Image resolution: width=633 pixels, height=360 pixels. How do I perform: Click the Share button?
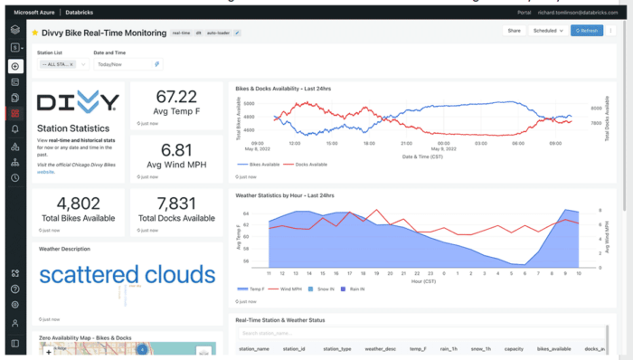click(x=514, y=30)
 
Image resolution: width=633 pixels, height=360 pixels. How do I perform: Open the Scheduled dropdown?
click(x=548, y=30)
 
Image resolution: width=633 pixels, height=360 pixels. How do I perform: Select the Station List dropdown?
click(x=62, y=65)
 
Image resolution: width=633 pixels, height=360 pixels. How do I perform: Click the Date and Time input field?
click(x=128, y=65)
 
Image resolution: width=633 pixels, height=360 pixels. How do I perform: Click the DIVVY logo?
click(x=78, y=100)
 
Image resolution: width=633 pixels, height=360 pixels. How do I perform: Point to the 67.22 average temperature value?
click(x=176, y=97)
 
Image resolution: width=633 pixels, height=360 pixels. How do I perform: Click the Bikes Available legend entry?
click(x=259, y=165)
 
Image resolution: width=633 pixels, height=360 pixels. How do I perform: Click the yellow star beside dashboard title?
click(x=35, y=32)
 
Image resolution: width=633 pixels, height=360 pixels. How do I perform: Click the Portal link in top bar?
click(x=523, y=12)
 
